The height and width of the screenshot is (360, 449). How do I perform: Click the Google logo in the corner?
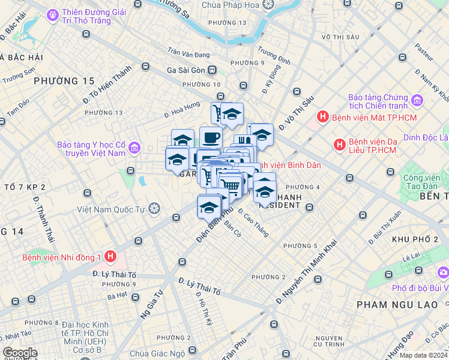pos(20,353)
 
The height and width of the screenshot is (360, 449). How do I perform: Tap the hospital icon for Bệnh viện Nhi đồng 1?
pos(110,257)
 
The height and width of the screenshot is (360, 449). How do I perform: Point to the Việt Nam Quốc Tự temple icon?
pos(154,209)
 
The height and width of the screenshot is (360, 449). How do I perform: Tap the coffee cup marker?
pos(211,138)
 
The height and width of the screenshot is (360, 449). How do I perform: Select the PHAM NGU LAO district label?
pos(397,305)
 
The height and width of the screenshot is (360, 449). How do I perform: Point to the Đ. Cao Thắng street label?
pos(253,223)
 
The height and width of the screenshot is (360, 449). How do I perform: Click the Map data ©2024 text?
pos(423,355)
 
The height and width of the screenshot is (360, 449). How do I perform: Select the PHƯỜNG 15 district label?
pos(64,80)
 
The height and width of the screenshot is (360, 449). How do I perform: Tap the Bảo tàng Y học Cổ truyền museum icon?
pos(133,147)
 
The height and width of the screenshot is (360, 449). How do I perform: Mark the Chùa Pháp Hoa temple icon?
pos(268,5)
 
